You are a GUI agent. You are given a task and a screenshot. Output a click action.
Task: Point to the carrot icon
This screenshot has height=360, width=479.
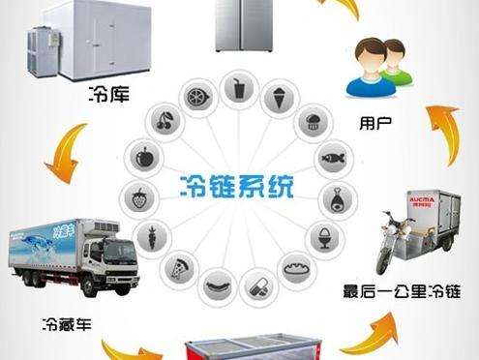[x=151, y=236]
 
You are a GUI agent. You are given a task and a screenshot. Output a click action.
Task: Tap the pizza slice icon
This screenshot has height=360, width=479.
[x=180, y=267]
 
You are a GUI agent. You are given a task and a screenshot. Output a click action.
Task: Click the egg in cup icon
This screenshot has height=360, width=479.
[x=320, y=235]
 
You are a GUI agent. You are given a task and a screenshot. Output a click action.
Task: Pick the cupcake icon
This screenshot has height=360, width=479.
[x=312, y=121]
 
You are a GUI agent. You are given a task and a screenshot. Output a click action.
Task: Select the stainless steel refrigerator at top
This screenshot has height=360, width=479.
[x=238, y=25]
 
